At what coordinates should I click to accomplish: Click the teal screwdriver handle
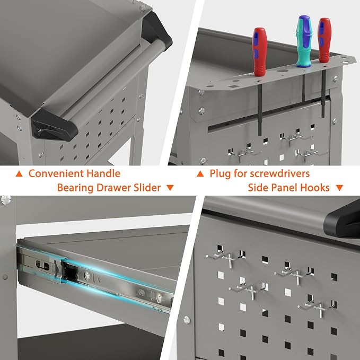304,41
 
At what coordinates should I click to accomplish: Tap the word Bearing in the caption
75,188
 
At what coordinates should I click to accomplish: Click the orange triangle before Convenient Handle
19,174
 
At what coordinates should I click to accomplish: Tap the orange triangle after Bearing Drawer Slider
170,188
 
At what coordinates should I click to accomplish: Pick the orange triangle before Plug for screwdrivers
200,174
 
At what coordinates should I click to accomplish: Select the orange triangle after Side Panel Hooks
339,188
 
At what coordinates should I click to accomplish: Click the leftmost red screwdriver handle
259,52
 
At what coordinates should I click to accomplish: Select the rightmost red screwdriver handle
324,40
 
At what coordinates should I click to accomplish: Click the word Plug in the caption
219,174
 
